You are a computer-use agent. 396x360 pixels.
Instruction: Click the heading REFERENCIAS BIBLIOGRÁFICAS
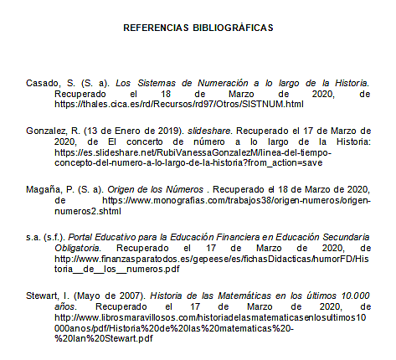click(x=198, y=28)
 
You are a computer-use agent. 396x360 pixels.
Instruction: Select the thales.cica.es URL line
click(x=178, y=105)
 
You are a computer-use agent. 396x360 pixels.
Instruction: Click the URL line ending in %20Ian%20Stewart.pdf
click(x=104, y=339)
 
